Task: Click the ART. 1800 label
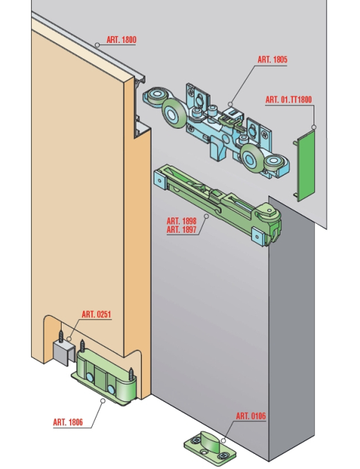(x=121, y=39)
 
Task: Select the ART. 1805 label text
(x=272, y=60)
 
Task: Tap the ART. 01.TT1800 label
(x=289, y=100)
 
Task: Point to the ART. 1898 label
(x=181, y=221)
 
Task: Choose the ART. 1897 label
(x=181, y=230)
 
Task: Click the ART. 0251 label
(x=96, y=315)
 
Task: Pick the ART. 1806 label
(x=68, y=423)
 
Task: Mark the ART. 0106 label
(x=251, y=416)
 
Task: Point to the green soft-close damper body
(x=218, y=204)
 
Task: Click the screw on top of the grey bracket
(x=62, y=336)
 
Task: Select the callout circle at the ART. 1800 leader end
(x=97, y=45)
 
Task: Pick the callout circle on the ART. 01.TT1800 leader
(x=314, y=127)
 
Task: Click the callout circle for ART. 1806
(x=102, y=401)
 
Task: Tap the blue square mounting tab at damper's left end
(x=161, y=180)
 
